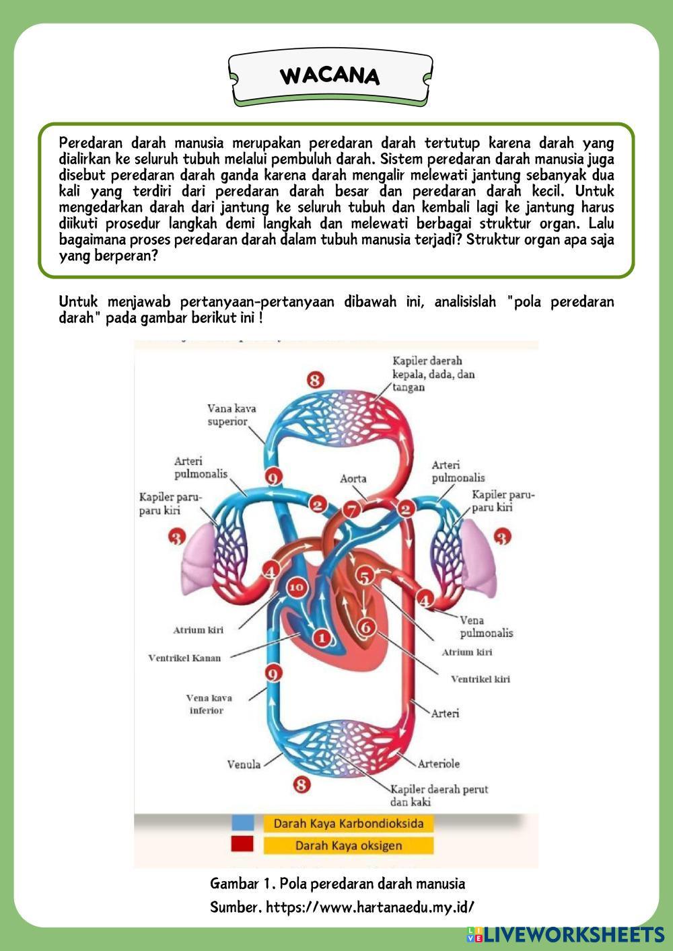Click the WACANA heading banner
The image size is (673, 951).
coord(330,76)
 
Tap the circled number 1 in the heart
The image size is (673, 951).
coord(322,636)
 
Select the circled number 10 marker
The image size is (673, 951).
coord(296,587)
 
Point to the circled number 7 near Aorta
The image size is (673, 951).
coord(351,510)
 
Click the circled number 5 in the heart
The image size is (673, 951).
coord(364,576)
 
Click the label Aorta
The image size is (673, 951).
coord(353,479)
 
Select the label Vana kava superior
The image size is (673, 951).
coord(231,415)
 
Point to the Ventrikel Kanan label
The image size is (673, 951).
coord(184,658)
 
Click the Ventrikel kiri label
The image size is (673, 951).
coord(481,679)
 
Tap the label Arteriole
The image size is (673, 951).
coord(439,763)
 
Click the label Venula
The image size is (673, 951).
coord(244,764)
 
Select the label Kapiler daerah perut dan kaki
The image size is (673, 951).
coord(439,795)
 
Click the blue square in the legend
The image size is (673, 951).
coord(243,823)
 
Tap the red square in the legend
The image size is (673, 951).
coord(242,845)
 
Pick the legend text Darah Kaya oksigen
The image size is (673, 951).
coord(348,845)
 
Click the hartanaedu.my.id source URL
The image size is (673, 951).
coord(370,907)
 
